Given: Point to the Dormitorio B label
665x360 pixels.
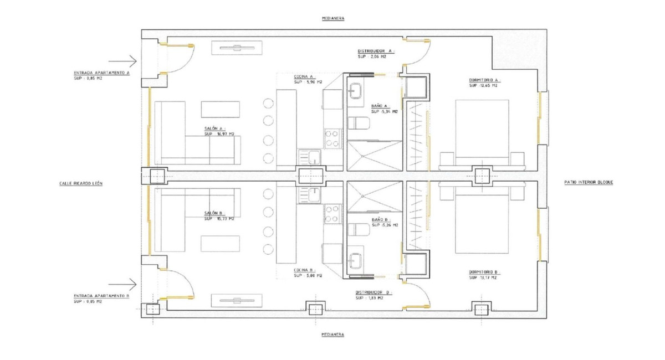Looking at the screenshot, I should point(483,272).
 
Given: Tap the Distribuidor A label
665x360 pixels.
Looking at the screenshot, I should point(375,50).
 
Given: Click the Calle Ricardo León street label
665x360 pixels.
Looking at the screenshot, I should point(81,183).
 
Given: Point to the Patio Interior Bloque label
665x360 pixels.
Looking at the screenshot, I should point(588,182).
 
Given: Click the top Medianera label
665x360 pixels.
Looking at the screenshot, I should point(332,18).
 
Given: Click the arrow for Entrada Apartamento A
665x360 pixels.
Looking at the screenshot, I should point(122,61).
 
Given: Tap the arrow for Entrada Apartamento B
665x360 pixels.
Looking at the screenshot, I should point(122,285).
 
